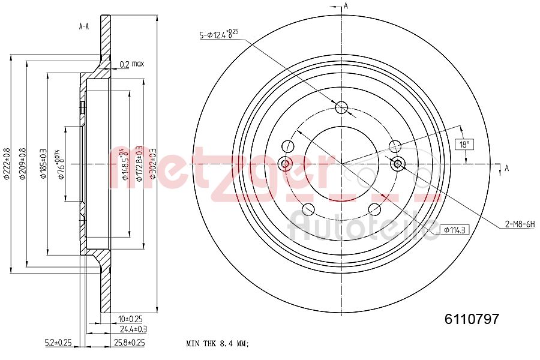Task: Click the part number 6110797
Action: click(472, 320)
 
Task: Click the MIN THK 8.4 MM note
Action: click(217, 344)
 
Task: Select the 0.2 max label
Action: click(131, 64)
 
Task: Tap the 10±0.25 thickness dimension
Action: click(130, 319)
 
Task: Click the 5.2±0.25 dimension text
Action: click(58, 343)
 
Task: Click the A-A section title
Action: click(84, 26)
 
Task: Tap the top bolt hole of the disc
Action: click(341, 108)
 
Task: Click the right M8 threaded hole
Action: click(397, 163)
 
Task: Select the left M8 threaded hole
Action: click(286, 163)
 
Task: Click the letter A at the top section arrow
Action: click(346, 6)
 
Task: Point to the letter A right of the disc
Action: click(506, 168)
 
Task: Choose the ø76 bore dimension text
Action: click(61, 165)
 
